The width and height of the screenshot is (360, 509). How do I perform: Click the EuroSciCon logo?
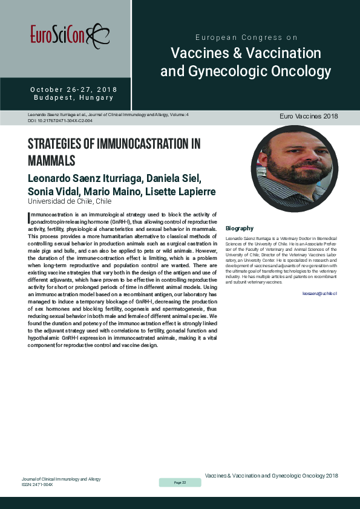[66, 35]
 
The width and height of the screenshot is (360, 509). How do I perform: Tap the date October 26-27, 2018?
[74, 90]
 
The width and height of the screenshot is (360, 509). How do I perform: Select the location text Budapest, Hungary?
[74, 98]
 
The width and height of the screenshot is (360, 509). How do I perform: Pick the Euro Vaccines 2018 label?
[309, 116]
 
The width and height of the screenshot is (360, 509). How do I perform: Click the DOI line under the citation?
[60, 121]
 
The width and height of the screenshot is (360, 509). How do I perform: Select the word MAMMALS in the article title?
[51, 161]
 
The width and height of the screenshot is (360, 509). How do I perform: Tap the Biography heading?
[239, 229]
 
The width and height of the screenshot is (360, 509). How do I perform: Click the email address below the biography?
[319, 293]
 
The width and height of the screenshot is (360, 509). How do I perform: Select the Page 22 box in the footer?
[180, 482]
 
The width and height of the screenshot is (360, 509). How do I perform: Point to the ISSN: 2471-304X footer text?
[38, 484]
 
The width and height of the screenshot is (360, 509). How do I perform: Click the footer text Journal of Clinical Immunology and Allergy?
[61, 479]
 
